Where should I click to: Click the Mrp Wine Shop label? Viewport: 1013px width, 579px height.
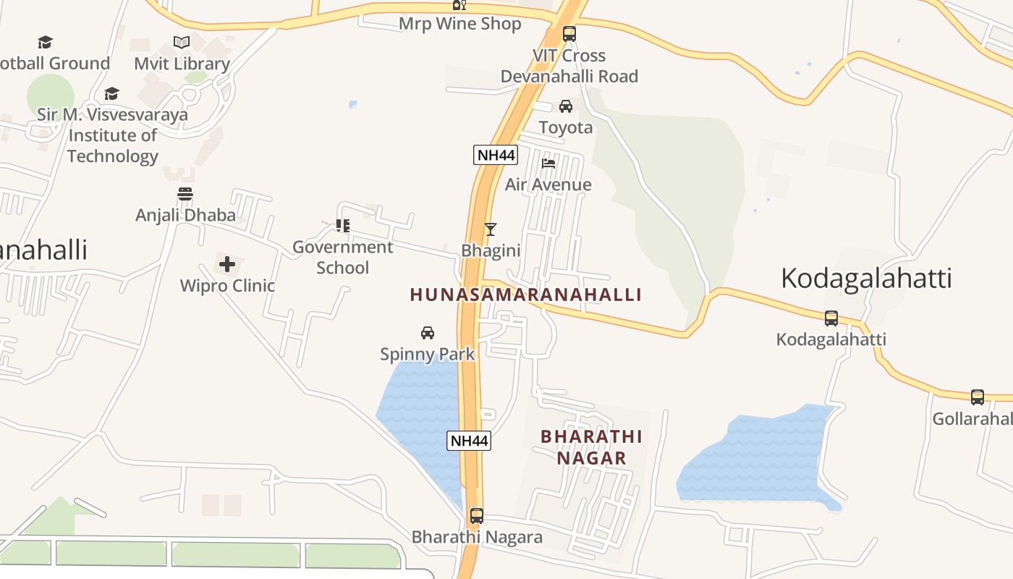point(459,24)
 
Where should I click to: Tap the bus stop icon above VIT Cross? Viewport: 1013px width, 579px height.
point(569,33)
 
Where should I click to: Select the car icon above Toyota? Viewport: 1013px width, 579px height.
point(566,106)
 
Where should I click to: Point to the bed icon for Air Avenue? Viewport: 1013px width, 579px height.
point(548,164)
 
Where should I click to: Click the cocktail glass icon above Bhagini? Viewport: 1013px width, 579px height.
point(491,229)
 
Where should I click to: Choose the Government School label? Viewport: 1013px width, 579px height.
point(343,257)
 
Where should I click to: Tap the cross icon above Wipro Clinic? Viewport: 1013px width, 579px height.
point(227,264)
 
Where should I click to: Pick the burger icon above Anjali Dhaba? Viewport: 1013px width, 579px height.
point(185,194)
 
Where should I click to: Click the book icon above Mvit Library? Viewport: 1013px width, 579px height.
point(182,42)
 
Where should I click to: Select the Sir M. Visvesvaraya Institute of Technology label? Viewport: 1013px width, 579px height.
point(113,135)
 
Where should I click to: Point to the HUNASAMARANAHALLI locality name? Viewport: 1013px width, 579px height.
point(526,295)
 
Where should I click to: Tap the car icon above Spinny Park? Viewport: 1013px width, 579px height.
point(428,333)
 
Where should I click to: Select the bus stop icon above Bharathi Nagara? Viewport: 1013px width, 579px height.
point(477,516)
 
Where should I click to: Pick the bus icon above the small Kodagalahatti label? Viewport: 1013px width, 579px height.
point(831,318)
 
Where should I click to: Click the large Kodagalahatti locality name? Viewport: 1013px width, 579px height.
point(866,279)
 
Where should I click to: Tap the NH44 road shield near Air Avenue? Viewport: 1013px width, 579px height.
point(496,154)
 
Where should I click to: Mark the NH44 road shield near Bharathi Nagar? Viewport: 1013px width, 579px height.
point(469,440)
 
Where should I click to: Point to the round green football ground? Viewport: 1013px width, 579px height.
point(51,96)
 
